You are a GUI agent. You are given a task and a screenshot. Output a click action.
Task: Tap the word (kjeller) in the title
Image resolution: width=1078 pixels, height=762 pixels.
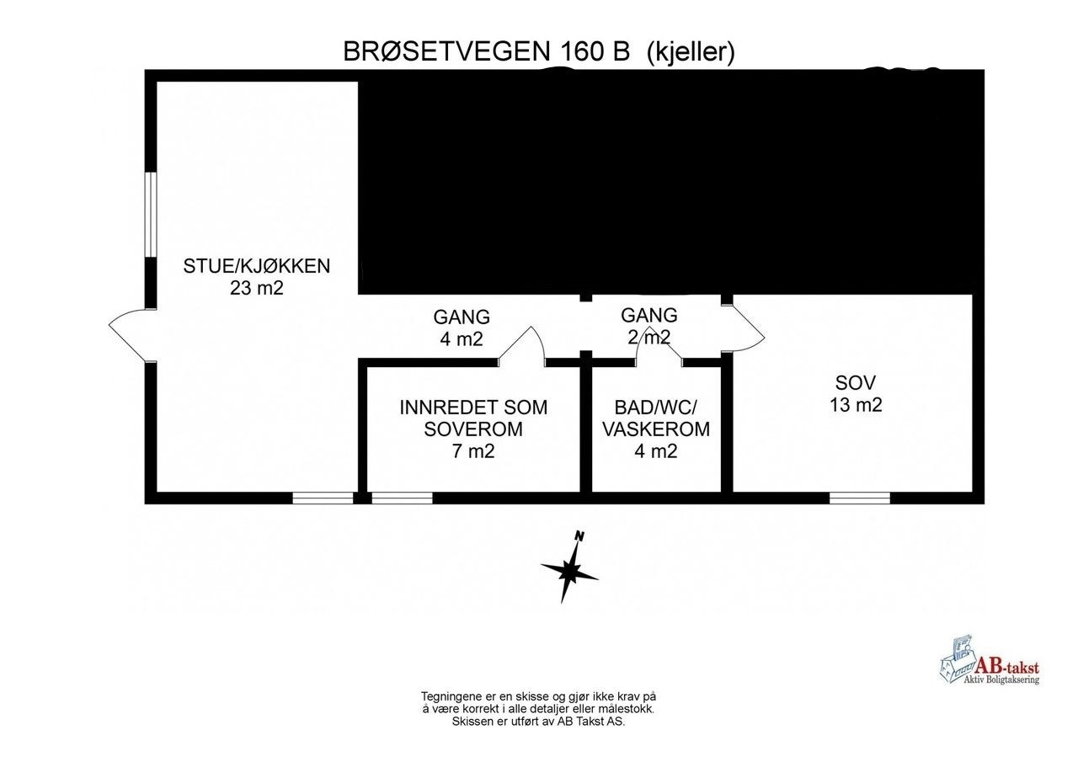point(691,52)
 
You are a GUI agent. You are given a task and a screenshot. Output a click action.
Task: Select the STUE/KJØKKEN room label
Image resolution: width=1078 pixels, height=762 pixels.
point(257,267)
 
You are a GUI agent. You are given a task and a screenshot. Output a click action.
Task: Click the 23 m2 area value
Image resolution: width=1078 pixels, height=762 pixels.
point(257,288)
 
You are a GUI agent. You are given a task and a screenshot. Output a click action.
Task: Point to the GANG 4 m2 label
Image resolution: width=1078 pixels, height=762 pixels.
point(462,328)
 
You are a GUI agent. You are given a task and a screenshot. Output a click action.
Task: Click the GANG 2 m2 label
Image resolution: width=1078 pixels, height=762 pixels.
point(648,326)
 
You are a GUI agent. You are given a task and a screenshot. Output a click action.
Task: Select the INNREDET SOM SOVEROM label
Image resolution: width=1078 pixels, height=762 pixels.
point(472,418)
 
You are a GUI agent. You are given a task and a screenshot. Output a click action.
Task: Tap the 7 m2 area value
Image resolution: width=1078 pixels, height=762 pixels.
point(472,450)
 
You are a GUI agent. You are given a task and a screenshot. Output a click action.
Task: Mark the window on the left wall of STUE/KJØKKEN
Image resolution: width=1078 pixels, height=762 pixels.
point(150,215)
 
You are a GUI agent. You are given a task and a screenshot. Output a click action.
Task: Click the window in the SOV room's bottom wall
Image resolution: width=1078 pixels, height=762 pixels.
point(859,498)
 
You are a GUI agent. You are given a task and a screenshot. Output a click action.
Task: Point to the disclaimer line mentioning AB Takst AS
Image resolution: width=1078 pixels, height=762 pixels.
point(538,721)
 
